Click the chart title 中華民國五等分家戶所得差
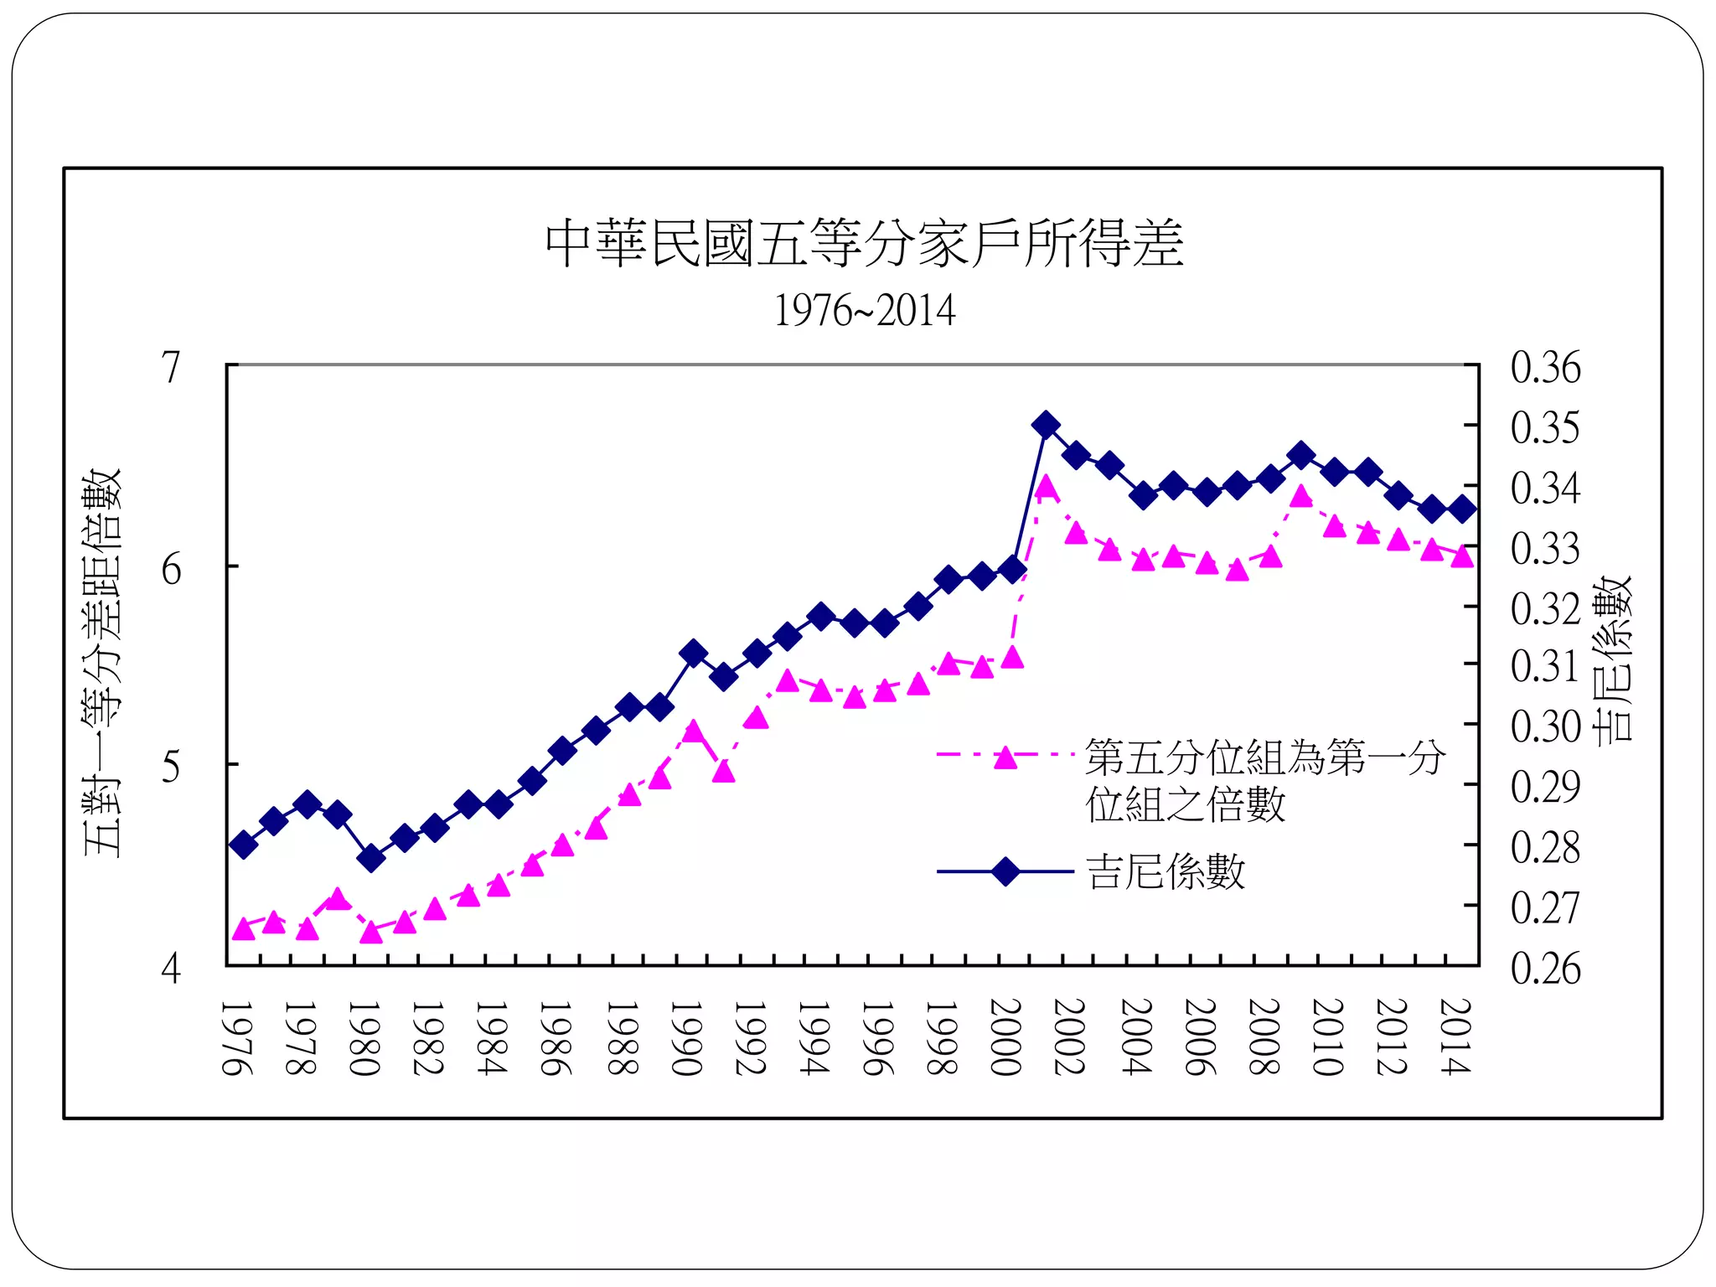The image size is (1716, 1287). tap(864, 244)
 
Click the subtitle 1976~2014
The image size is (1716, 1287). tap(864, 311)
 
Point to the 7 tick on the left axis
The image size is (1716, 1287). tap(171, 367)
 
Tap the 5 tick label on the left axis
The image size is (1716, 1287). tap(171, 767)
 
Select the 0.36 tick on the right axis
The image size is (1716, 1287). tap(1545, 367)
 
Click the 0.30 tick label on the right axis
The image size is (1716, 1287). tap(1545, 726)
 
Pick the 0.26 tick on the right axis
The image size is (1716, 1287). tap(1545, 969)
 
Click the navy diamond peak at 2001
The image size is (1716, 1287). tap(1045, 425)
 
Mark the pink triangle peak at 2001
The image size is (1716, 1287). tap(1045, 488)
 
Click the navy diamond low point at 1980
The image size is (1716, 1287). tap(371, 858)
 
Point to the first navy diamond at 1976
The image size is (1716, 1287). tap(243, 845)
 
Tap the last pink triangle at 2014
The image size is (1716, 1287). tap(1462, 556)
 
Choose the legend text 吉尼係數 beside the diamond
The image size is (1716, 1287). tap(1166, 871)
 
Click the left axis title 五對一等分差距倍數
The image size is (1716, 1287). tap(102, 662)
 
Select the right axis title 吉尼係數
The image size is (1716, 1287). tap(1612, 659)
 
